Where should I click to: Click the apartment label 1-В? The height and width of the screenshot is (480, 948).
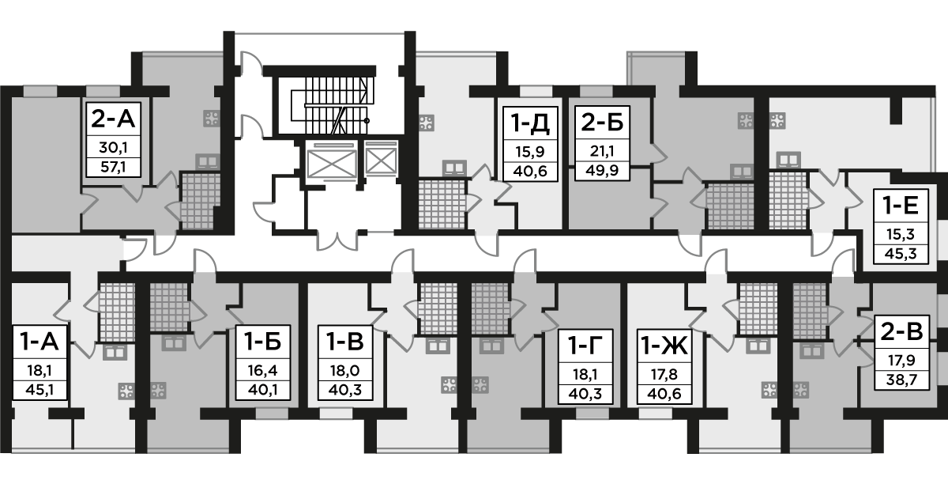[345, 342]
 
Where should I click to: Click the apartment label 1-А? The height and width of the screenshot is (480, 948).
[38, 342]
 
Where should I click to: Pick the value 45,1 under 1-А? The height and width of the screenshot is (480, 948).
[38, 387]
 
